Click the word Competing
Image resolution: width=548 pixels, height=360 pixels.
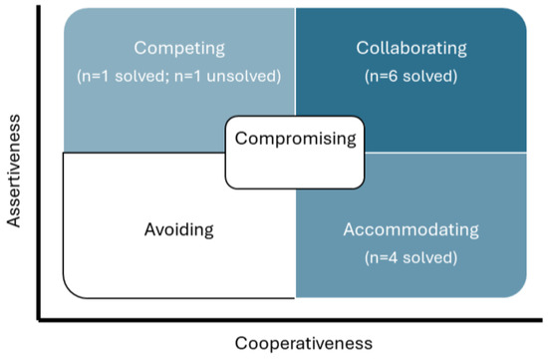tap(179, 48)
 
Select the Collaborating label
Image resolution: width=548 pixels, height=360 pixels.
tap(411, 48)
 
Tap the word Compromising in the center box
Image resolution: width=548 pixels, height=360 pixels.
tap(295, 139)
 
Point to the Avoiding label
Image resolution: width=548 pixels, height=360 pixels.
tap(179, 229)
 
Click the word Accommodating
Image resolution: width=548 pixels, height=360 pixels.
tap(411, 229)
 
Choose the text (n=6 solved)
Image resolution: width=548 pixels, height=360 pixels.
tap(411, 76)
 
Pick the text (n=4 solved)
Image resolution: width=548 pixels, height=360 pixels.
tap(411, 257)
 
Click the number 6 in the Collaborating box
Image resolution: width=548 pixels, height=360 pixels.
tap(393, 76)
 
